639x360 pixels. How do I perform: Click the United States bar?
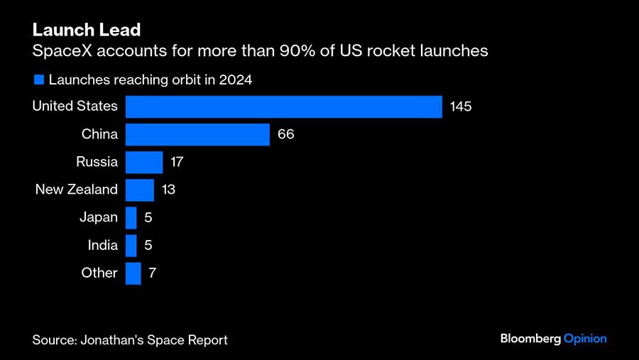coord(284,107)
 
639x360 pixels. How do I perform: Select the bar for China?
coord(197,134)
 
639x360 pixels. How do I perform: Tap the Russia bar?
coord(144,162)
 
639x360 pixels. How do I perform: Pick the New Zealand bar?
coord(140,190)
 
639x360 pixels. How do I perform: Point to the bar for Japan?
coord(131,217)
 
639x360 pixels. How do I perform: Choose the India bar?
coord(131,245)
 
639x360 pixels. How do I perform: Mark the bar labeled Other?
coord(133,273)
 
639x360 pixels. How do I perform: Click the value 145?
coord(461,107)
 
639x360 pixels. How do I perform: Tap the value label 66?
coord(285,134)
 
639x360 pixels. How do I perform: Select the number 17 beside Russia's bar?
coord(177,162)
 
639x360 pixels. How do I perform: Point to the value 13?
coord(168,190)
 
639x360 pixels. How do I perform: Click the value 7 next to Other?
coord(152,273)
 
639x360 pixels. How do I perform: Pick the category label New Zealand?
coord(77,190)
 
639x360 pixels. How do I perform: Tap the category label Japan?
coord(99,217)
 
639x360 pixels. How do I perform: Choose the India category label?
coord(103,245)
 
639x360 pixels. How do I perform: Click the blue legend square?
coord(39,80)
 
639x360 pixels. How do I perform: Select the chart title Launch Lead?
coord(86,30)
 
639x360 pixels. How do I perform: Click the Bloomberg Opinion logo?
coord(553,339)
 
